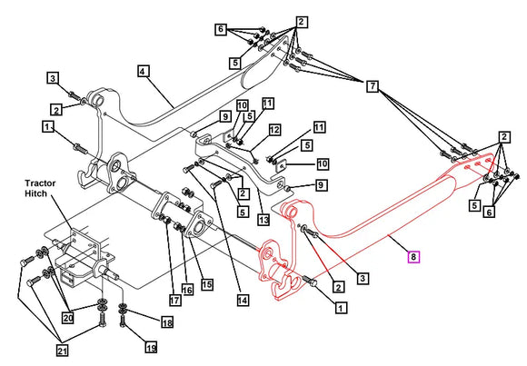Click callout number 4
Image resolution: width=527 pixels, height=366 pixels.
(144, 70)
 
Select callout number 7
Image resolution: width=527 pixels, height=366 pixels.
(373, 86)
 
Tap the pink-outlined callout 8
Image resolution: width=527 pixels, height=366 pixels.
(413, 258)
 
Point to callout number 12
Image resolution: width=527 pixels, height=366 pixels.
(273, 130)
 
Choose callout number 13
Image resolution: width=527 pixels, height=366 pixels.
(263, 220)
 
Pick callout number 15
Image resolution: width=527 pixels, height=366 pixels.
(208, 284)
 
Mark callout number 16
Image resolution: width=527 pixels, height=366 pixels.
(187, 289)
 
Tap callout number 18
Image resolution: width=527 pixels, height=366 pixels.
(166, 322)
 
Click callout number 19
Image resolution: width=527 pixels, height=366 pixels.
(151, 346)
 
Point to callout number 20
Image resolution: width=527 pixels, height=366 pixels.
(67, 318)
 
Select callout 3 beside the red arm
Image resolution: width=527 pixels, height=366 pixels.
(362, 277)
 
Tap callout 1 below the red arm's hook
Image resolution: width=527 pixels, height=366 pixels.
(341, 308)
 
